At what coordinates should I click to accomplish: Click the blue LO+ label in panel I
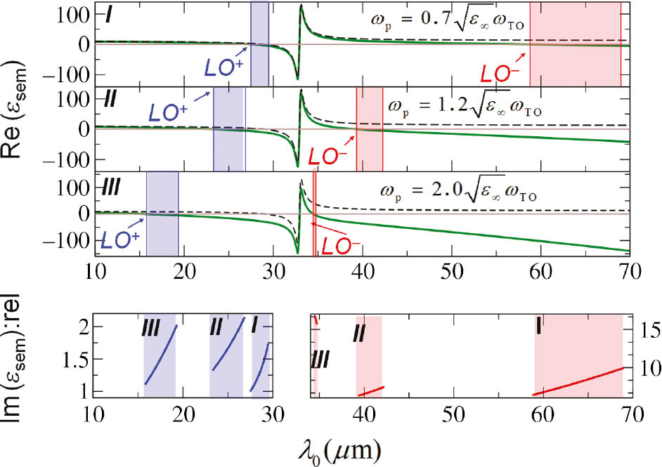tap(224, 66)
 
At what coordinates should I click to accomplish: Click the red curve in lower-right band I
tap(579, 377)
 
